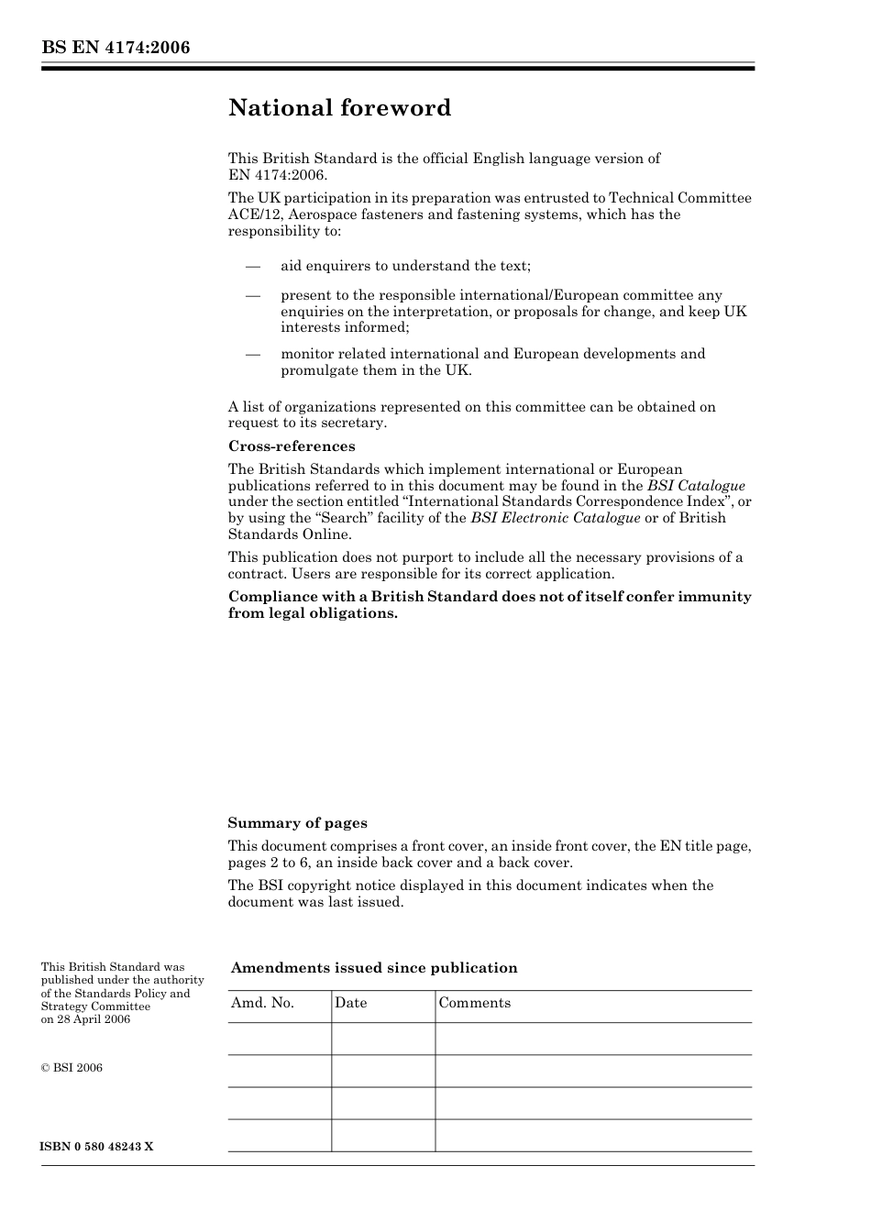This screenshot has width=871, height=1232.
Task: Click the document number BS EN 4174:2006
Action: tap(116, 48)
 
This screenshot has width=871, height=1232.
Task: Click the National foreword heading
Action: tap(339, 108)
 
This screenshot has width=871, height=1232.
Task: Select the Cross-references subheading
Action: tap(292, 446)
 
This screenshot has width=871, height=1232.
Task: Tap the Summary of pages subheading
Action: tap(297, 823)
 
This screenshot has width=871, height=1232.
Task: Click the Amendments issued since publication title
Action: tap(374, 968)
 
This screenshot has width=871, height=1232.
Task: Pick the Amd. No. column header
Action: tap(262, 1003)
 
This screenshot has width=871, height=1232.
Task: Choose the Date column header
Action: tap(350, 1003)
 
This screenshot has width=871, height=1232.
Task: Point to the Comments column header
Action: tap(474, 1003)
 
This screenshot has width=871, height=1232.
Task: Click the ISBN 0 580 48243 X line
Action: tap(97, 1147)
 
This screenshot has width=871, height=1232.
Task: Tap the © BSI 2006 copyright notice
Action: tap(72, 1068)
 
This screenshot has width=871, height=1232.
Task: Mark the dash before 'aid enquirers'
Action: tap(253, 267)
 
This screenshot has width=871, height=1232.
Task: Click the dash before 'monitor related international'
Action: tap(253, 355)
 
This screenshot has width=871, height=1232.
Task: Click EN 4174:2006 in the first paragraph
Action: tap(277, 175)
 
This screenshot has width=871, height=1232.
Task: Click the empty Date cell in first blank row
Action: tap(382, 1039)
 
